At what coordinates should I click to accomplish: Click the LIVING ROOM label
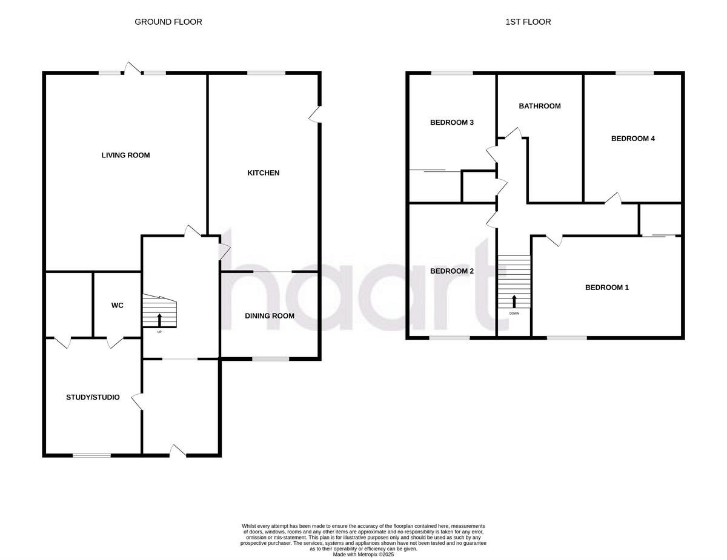click(125, 156)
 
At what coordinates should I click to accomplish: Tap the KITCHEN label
click(264, 173)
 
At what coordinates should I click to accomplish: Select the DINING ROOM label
click(270, 316)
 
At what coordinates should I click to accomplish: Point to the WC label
click(117, 306)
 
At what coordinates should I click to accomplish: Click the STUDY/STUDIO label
click(93, 398)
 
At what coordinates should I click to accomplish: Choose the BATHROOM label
click(540, 107)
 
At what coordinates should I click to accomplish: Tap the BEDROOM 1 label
click(606, 288)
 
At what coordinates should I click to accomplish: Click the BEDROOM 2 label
click(452, 271)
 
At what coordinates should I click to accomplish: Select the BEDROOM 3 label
click(452, 123)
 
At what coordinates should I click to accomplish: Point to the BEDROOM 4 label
click(633, 139)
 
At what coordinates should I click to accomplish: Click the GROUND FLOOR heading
click(168, 22)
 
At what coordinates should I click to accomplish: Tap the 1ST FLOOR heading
click(528, 22)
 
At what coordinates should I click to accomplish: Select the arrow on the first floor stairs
click(514, 300)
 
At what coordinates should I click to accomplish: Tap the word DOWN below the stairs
click(514, 313)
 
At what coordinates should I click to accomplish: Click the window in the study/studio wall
click(92, 455)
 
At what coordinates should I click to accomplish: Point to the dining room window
click(271, 360)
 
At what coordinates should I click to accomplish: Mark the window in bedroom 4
click(635, 73)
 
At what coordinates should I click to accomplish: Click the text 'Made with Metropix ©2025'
click(363, 554)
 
